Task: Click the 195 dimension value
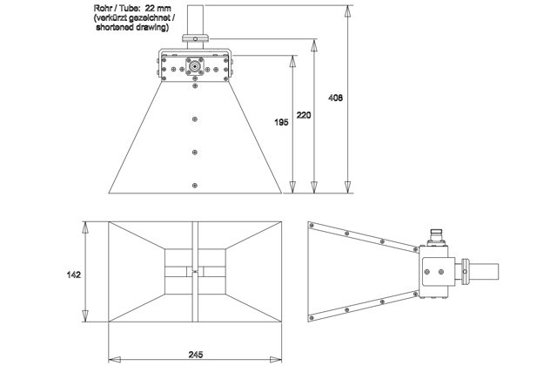pos(281,123)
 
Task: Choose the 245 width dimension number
pos(195,353)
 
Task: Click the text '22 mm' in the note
pos(163,9)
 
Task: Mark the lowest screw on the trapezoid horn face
pos(194,184)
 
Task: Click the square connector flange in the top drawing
pos(194,67)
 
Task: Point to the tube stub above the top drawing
pos(195,17)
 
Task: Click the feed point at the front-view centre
pos(195,272)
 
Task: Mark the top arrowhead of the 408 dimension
pos(348,11)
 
